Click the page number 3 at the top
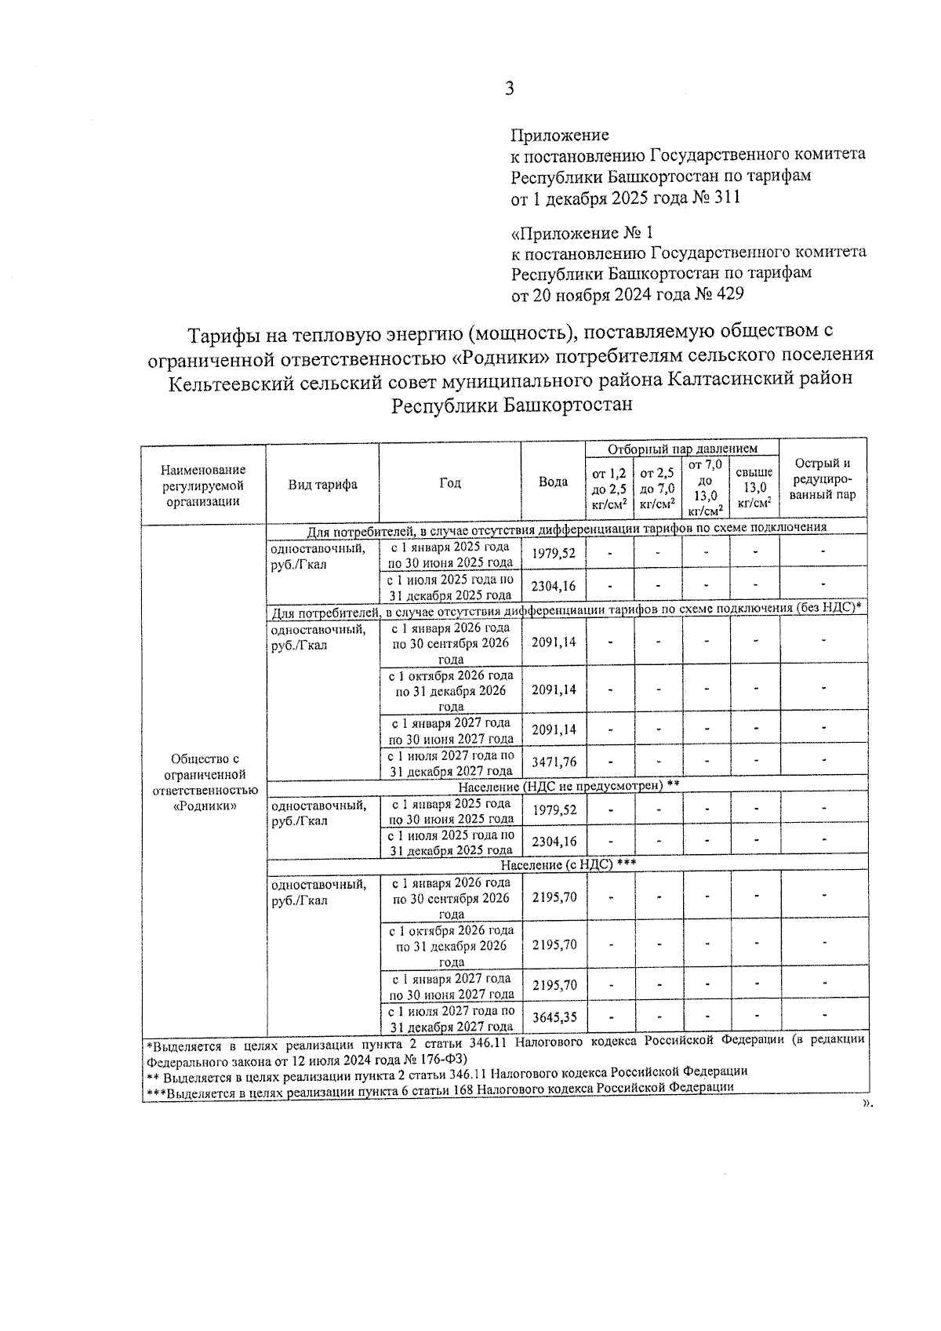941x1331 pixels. coord(509,89)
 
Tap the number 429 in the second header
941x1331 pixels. coord(728,294)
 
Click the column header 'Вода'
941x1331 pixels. coord(553,482)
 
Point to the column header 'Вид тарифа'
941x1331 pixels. coord(322,484)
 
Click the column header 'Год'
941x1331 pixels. coord(449,482)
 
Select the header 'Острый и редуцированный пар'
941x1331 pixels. coord(823,478)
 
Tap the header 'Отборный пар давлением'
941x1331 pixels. coord(682,449)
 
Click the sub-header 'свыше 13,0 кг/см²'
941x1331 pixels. coord(754,487)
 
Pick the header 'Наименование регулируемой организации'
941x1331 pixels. coord(203,485)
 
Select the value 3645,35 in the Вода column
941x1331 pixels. coord(554,1017)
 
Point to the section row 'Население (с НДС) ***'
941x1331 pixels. coord(568,864)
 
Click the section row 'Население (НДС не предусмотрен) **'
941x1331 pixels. coord(568,784)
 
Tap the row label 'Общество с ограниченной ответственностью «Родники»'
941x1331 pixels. coord(204,782)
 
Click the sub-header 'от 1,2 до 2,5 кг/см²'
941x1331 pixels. coord(609,488)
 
